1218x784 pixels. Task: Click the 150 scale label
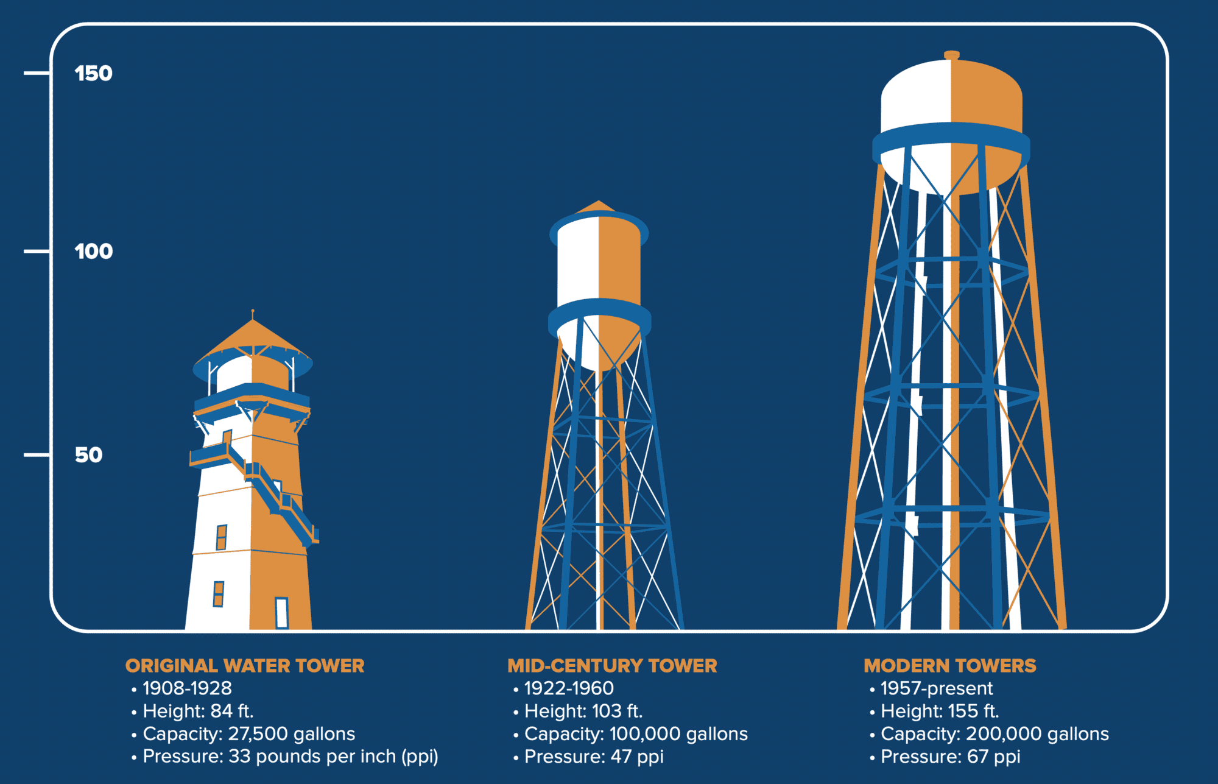[93, 74]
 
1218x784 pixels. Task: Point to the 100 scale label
[93, 252]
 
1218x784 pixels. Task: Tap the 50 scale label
[88, 455]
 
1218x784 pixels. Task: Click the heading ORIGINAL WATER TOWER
[245, 666]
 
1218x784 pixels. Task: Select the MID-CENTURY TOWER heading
[612, 666]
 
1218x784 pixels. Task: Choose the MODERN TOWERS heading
[950, 666]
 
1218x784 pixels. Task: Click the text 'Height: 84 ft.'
[198, 711]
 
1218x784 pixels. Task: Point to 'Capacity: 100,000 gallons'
[636, 734]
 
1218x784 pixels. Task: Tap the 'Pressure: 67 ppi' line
[950, 757]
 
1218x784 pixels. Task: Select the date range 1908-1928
[187, 688]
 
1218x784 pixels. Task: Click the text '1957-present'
[937, 688]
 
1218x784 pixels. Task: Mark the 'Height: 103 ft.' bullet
[583, 711]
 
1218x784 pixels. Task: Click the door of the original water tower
[281, 613]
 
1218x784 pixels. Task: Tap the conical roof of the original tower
[253, 336]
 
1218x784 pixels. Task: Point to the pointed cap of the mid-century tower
[598, 206]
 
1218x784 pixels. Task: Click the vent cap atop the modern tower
[952, 55]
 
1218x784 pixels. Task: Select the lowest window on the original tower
[218, 594]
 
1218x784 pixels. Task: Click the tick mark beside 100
[37, 251]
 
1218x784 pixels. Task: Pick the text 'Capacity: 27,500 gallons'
[248, 734]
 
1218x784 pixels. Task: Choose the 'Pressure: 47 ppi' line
[594, 757]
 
